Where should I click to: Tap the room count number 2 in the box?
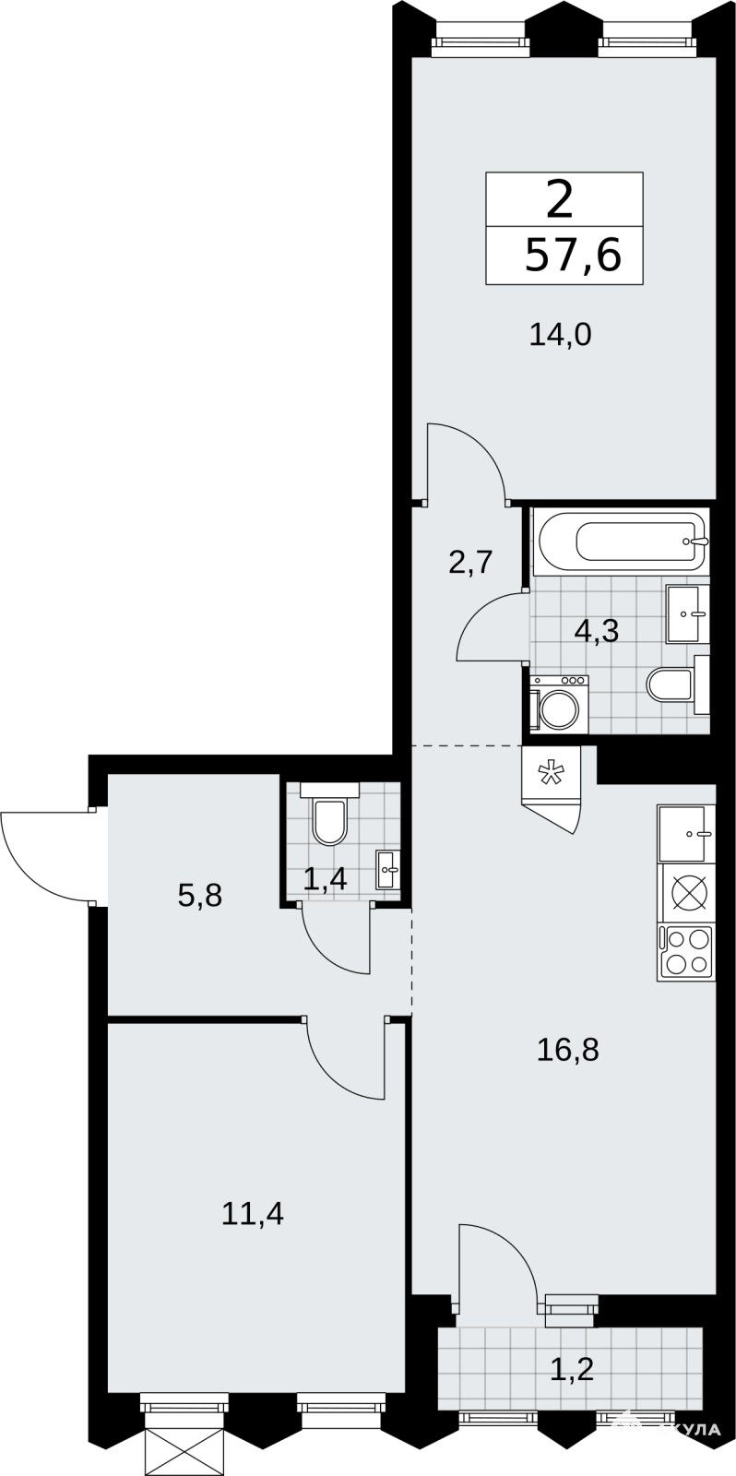pos(560,200)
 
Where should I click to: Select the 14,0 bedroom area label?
pos(561,336)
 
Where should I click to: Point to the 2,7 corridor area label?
pos(471,564)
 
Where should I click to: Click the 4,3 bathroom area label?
pos(597,631)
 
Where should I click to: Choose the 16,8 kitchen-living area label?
pos(568,1049)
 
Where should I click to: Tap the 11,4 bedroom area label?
pos(253,1213)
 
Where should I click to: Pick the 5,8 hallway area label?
pos(199,896)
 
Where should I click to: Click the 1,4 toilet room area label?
pos(325,878)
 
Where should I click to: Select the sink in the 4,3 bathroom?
pos(687,613)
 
